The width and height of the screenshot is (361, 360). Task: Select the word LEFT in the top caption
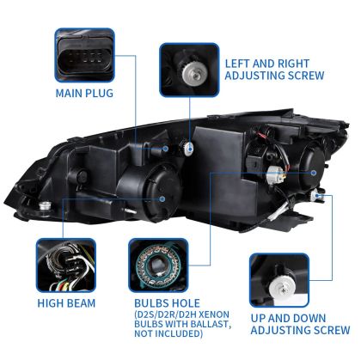tap(239, 63)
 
